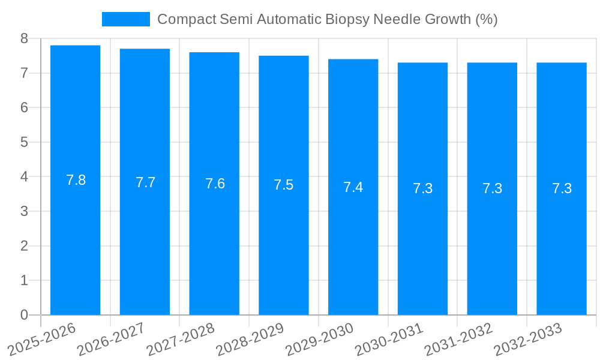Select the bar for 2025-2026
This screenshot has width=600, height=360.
(75, 180)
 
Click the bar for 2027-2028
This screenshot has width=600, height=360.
(214, 184)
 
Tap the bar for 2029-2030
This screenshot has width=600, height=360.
(353, 187)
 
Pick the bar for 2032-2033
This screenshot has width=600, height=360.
(562, 188)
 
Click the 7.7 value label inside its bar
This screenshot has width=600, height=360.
(145, 182)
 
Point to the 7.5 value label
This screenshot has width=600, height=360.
(284, 185)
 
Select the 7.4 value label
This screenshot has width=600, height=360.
(353, 187)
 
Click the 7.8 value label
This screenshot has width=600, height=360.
(76, 180)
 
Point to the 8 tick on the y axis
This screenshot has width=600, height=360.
(24, 38)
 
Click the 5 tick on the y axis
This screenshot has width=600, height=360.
(24, 142)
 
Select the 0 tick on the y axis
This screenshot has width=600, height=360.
(24, 315)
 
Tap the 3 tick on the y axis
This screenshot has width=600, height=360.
(24, 211)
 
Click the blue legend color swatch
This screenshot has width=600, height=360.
(125, 19)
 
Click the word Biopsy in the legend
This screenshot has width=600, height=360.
(346, 19)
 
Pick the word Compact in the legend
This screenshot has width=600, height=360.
(186, 19)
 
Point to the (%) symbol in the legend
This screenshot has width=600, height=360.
(486, 19)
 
